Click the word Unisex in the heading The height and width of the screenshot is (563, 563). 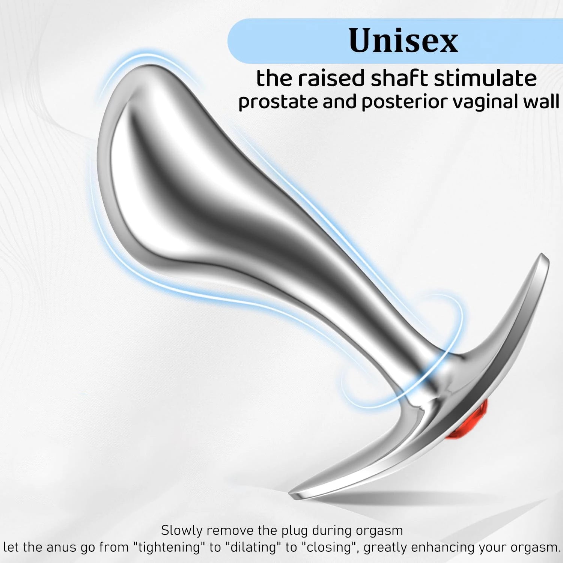[403, 41]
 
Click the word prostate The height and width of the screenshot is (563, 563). [278, 102]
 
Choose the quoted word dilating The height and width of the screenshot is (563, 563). [253, 547]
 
